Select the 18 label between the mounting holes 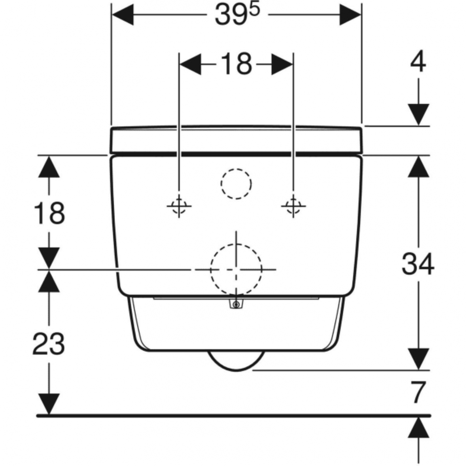[236, 65]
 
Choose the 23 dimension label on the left [49, 343]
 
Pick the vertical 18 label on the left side [49, 213]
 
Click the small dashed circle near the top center [236, 184]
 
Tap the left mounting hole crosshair [179, 206]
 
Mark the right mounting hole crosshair [293, 206]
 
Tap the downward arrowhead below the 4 [418, 114]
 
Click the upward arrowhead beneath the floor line [418, 429]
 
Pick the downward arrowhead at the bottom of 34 [418, 358]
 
